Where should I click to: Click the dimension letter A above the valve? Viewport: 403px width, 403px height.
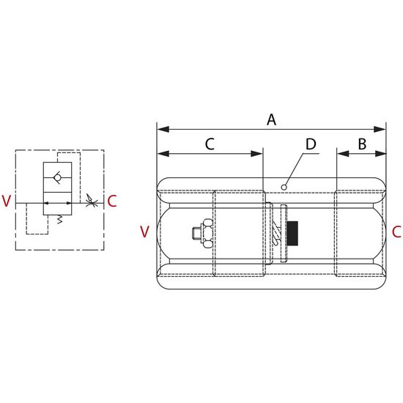[271, 119]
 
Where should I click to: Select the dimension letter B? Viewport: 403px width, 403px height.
[362, 144]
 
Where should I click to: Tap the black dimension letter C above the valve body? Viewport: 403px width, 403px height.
[210, 144]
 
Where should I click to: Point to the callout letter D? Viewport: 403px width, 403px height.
[311, 144]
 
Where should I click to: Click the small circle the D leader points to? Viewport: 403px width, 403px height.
[284, 188]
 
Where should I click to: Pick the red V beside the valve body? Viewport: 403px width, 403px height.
[144, 232]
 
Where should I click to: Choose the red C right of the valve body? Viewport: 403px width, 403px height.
[396, 232]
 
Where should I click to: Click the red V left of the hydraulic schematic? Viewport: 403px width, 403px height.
[7, 201]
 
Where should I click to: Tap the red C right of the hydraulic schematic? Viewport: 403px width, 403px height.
[112, 201]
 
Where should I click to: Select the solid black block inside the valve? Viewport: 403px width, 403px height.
[292, 233]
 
